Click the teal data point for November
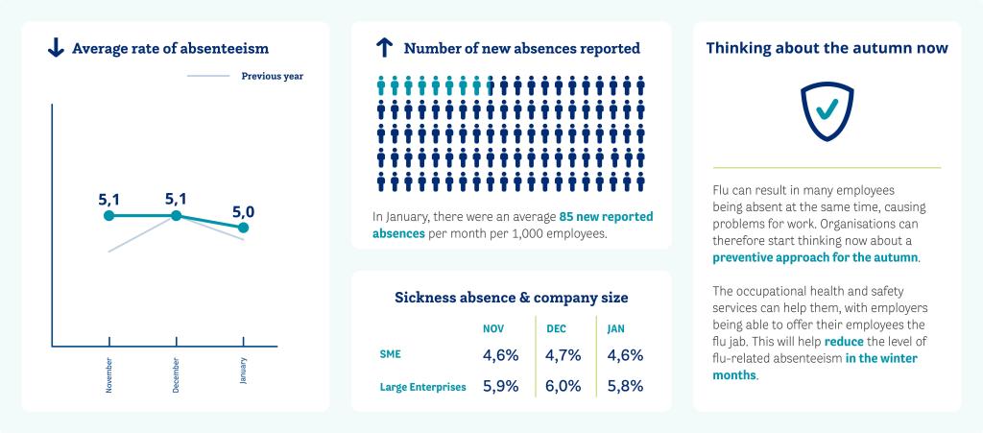(109, 216)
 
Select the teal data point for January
(243, 228)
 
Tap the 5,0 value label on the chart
(243, 210)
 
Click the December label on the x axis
(177, 373)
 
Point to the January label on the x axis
(244, 371)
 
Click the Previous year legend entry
(272, 76)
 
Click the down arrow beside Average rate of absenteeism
(55, 48)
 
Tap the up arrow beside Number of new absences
(385, 48)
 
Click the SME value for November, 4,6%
(500, 355)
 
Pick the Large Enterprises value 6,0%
(565, 387)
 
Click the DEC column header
(556, 328)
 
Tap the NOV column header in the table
(493, 328)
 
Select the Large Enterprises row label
(423, 387)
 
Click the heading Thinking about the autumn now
(827, 48)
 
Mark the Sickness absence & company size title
(512, 298)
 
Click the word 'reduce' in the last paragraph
(844, 343)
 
